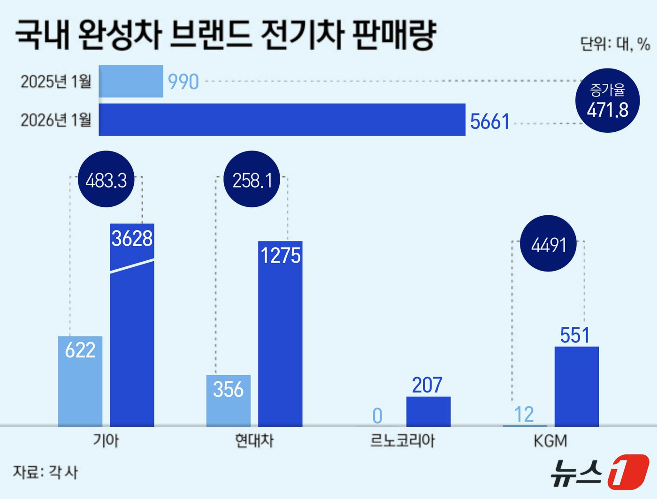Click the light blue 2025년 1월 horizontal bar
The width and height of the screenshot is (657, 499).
pos(131,81)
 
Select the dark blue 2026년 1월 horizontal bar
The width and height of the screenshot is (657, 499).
pos(282,120)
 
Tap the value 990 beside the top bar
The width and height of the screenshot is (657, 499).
pos(183,82)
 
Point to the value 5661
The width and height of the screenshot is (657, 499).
pos(489,122)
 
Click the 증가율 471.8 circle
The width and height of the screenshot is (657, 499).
pos(607,100)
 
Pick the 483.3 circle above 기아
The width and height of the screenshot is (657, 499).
pos(106,180)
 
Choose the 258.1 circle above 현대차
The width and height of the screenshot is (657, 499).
pos(252,180)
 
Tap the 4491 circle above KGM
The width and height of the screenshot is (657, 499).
pos(549,244)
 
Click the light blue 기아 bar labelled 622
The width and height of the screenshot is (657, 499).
pos(80,381)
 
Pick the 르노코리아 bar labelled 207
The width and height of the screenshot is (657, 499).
pos(428,411)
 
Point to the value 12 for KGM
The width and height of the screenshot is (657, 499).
pos(524,415)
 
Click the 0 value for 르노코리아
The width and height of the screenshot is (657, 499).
pos(377,416)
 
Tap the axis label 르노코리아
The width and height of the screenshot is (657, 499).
pos(403,441)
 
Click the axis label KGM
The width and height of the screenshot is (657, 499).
pos(550,441)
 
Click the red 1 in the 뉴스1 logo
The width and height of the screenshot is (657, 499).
pos(628,471)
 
